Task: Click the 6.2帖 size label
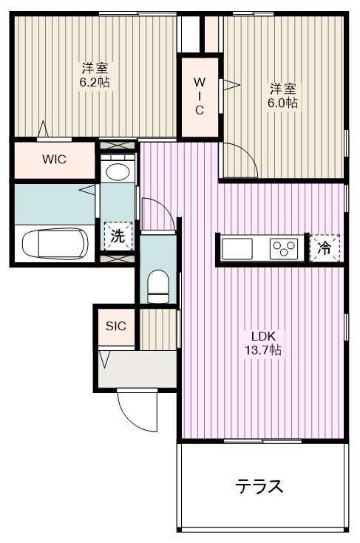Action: pos(95,82)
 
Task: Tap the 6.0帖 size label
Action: pos(282,103)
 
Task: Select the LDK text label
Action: pos(263,336)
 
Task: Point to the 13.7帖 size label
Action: pos(263,349)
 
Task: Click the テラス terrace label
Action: pos(259,487)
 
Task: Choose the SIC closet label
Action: pos(116,327)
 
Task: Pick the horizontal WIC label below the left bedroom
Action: pos(54,160)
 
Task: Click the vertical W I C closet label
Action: pos(200,96)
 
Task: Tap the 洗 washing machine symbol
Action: pos(118,236)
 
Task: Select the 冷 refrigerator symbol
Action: pos(325,248)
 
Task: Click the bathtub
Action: pos(55,243)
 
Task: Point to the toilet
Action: pos(157,287)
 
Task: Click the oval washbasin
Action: pos(118,172)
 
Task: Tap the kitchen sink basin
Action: pos(237,249)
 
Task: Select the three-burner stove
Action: pos(284,249)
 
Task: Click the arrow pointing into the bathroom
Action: pos(87,190)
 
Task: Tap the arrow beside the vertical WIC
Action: pos(231,84)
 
